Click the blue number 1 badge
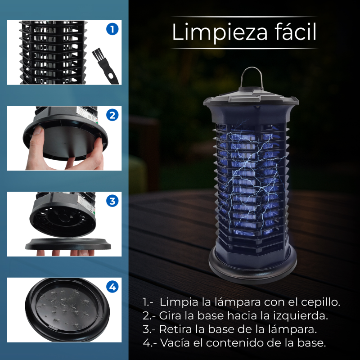[112, 29]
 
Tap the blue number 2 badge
[112, 115]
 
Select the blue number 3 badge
[112, 201]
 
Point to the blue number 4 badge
[112, 287]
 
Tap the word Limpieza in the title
[220, 32]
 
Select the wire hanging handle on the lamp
[252, 77]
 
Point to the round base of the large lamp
[252, 266]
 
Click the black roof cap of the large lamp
[251, 98]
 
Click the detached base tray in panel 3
[68, 244]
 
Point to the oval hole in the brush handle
[112, 76]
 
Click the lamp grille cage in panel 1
[53, 52]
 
